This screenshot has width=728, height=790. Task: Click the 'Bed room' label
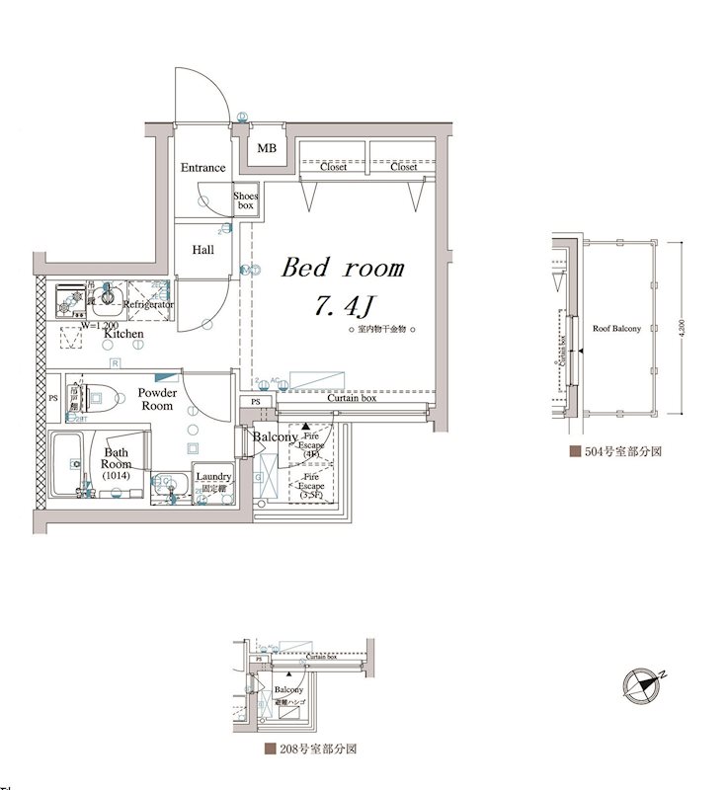[x=344, y=269]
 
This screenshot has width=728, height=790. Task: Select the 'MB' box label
[x=267, y=149]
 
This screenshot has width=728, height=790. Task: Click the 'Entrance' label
[x=202, y=168]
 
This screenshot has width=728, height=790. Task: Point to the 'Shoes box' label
[x=245, y=201]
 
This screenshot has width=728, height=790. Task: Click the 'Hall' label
[x=202, y=250]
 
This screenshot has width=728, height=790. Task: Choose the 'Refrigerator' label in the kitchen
[x=148, y=305]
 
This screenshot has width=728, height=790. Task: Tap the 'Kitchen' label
[x=123, y=335]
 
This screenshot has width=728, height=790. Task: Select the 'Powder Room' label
[x=157, y=400]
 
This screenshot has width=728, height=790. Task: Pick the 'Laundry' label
[x=212, y=477]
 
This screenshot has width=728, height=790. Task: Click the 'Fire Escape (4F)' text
[x=312, y=443]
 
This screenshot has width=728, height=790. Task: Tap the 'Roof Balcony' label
[x=616, y=328]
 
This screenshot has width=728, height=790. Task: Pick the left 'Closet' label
[x=334, y=168]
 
